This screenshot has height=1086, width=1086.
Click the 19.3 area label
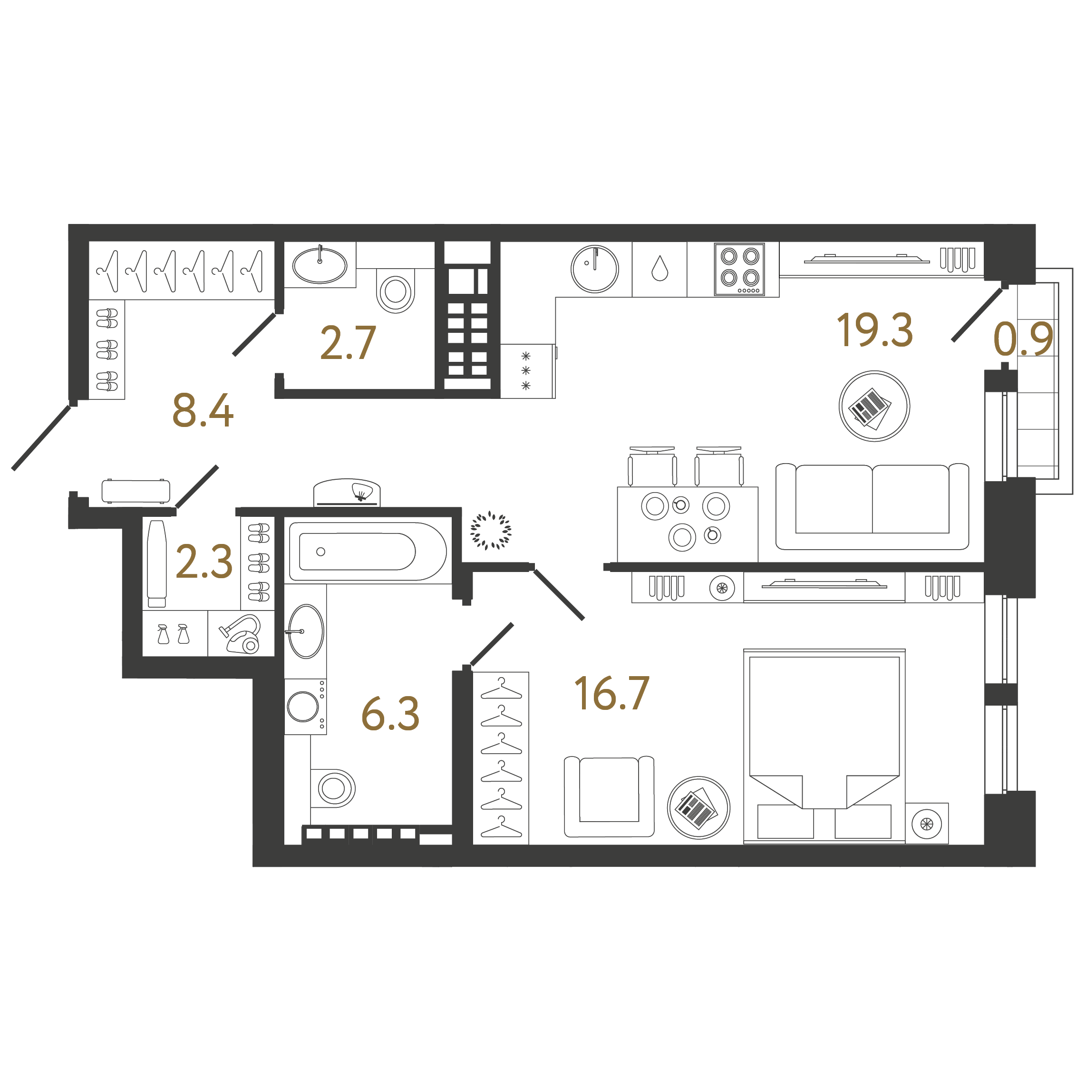point(874,330)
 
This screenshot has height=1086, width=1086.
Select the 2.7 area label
point(348,343)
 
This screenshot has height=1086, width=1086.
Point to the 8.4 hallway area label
point(203,410)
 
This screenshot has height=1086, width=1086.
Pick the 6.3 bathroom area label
point(390,714)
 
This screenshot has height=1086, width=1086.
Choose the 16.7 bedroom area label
point(611,694)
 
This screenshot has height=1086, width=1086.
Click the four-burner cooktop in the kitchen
point(739,269)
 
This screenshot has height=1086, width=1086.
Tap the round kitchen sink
point(594,269)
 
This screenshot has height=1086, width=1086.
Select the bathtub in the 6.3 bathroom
point(368,552)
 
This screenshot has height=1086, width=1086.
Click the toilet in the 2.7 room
point(396,291)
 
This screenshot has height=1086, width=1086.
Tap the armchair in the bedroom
point(609,797)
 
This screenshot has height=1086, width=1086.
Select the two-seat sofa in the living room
point(872,506)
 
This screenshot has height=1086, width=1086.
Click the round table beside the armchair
point(698,808)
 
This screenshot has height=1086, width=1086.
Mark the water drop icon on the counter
point(659,268)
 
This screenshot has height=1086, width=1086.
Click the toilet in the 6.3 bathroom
point(334,788)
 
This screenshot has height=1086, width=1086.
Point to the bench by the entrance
point(136,491)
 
